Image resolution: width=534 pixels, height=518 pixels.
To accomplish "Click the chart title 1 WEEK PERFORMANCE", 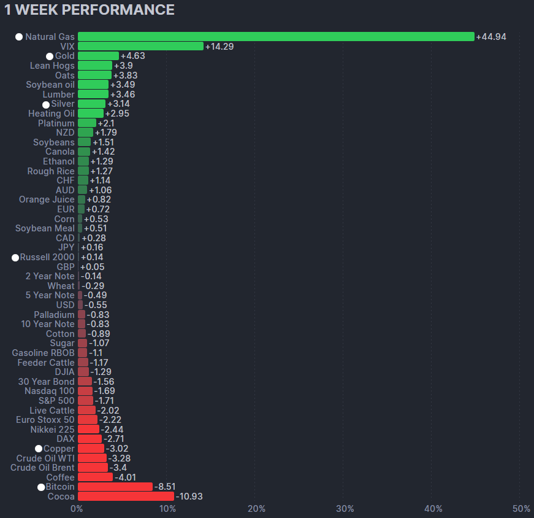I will coord(90,10).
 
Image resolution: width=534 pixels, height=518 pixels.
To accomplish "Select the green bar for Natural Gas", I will coord(276,37).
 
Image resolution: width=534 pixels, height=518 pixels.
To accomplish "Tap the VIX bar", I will coord(140,46).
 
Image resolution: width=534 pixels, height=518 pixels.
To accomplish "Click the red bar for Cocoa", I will coord(126,497).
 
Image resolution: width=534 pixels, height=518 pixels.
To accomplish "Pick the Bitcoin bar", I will coord(115,487).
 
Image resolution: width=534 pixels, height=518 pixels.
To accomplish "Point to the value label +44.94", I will coord(491,37).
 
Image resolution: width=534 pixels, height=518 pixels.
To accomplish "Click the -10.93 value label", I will coord(189,497).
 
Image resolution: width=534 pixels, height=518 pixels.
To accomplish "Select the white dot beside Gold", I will coord(50,56).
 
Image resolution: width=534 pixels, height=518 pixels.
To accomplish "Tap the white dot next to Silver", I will coord(46,104).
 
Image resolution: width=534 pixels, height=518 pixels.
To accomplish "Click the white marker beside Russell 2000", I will coord(15,258).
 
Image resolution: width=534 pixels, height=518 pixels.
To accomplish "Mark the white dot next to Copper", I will coord(39,449).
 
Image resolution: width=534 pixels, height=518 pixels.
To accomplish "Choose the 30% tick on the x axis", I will coord(345,509).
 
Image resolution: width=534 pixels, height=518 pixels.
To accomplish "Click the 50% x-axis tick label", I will coord(522,509).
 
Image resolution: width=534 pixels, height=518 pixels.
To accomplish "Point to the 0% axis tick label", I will coord(77,509).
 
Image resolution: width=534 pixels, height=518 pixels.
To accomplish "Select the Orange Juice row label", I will coord(47,199).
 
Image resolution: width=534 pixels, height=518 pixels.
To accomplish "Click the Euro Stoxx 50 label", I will coord(45,420).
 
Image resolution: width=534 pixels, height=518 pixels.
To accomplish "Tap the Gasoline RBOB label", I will coord(43,353).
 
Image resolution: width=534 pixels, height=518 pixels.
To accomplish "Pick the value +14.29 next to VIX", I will coord(219,47).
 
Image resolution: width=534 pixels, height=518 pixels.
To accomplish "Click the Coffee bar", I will coord(95,477).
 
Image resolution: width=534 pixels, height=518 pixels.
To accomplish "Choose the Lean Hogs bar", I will coord(95,66).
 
